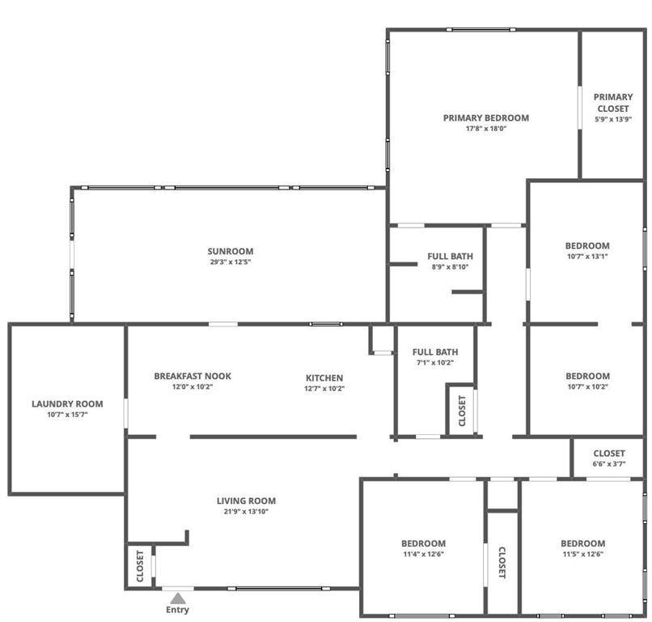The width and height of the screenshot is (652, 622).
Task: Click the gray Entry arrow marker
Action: [x=178, y=598]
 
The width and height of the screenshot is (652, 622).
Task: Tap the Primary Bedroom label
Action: [x=485, y=117]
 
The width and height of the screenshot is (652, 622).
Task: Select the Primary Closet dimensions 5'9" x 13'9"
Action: [x=613, y=119]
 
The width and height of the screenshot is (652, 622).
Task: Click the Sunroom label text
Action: [x=231, y=251]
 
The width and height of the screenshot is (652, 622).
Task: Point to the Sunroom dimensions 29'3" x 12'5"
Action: [x=231, y=262]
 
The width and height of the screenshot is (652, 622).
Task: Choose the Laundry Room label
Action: [x=67, y=403]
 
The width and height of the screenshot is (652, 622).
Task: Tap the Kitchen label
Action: [x=324, y=377]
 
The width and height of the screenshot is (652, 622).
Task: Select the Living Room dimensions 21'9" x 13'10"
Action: [x=246, y=512]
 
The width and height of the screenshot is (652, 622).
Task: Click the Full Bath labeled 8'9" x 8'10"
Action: [x=450, y=261]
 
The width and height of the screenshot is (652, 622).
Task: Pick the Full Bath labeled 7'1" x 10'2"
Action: [x=435, y=356]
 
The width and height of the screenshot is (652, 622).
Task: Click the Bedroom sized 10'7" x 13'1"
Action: [x=586, y=250]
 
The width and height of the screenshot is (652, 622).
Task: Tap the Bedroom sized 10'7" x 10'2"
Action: [x=587, y=381]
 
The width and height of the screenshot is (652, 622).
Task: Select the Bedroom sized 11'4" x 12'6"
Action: [x=423, y=547]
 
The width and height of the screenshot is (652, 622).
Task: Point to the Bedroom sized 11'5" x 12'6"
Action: [x=582, y=547]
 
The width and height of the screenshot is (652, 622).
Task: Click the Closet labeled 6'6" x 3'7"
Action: [x=608, y=458]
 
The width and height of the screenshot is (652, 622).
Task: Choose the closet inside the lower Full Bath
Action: [x=462, y=411]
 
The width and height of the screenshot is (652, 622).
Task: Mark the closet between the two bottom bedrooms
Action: [x=502, y=560]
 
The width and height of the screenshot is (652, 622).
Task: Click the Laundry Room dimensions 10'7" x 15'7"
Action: [x=67, y=415]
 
